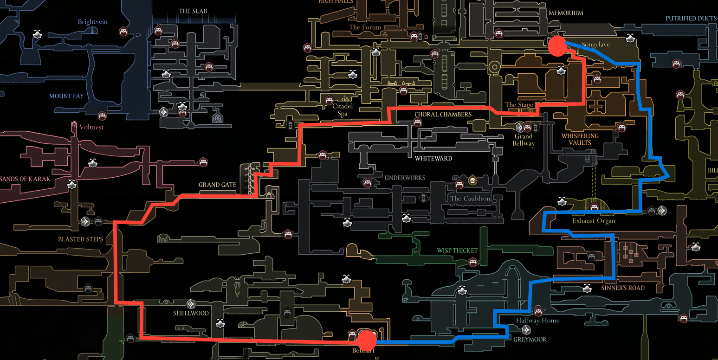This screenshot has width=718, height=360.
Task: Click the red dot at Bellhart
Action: point(367,340)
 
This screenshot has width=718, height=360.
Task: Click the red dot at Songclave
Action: point(557,46)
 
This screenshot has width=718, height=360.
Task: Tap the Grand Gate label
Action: point(217,185)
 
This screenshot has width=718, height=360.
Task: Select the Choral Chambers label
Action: point(443,114)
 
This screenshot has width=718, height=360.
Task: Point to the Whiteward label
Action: point(433,158)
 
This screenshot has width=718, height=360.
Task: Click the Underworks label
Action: point(405,178)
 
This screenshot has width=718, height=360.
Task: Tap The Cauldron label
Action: point(470,199)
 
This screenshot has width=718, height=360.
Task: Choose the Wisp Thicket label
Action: point(457,251)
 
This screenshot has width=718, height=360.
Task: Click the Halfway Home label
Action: point(537,320)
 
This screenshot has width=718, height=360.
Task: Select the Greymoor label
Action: point(530,339)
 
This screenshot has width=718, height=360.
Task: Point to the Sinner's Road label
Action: point(622,288)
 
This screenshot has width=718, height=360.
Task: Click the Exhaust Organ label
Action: point(593,221)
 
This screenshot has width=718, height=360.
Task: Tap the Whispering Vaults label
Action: point(580,139)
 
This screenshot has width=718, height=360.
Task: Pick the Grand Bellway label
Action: point(523,140)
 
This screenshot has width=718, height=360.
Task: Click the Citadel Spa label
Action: point(343,110)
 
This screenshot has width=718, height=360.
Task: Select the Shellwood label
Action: point(191,313)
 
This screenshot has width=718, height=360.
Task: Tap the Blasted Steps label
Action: point(81,239)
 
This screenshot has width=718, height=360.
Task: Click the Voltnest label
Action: point(91,127)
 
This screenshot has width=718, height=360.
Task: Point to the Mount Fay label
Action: point(66,96)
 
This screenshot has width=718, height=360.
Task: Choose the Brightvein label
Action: point(93,21)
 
